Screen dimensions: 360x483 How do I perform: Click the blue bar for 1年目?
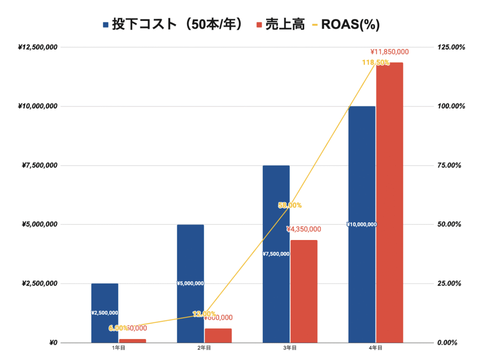(x=105, y=297)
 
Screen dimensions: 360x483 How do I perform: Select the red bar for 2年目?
(x=218, y=335)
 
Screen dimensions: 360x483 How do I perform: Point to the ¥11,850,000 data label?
(x=390, y=52)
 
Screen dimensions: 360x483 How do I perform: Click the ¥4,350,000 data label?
(x=304, y=229)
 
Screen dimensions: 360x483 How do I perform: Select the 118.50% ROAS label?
(x=375, y=62)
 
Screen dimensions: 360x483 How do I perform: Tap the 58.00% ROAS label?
(x=290, y=205)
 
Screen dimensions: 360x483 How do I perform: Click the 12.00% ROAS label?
(x=204, y=314)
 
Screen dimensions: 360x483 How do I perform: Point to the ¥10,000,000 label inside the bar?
(x=361, y=225)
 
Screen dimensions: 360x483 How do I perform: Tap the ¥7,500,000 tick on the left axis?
(x=40, y=166)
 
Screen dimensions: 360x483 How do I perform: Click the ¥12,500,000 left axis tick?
(x=38, y=47)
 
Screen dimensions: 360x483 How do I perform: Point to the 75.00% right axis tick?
(x=451, y=166)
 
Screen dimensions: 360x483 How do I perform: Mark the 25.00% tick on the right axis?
(x=451, y=284)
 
